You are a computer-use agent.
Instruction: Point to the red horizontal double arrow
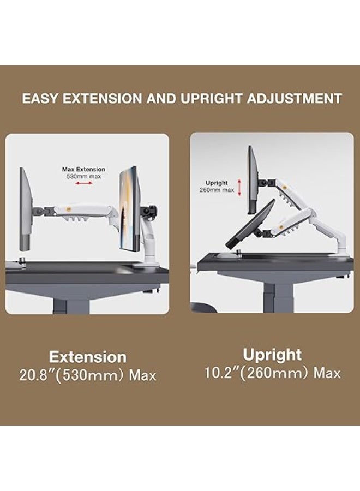click(83, 184)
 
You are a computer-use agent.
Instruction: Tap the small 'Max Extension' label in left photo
click(83, 170)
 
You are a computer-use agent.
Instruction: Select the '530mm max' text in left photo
click(83, 176)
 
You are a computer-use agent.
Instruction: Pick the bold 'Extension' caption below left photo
click(87, 357)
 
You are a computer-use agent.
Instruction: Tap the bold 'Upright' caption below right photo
click(272, 355)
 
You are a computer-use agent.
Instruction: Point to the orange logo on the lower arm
click(284, 222)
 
